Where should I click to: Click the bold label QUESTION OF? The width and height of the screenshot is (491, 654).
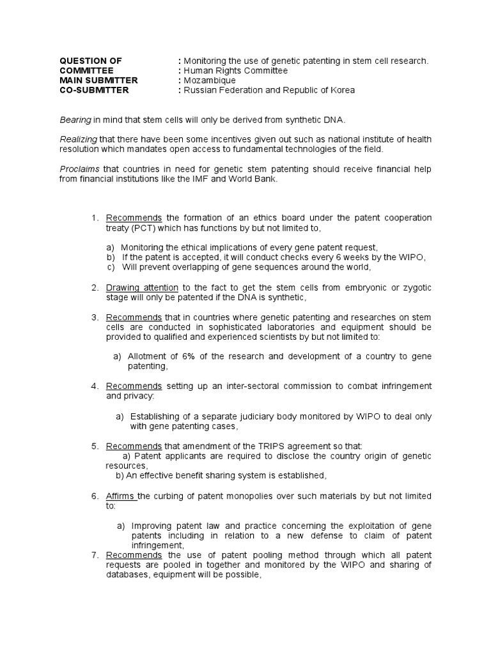(90, 61)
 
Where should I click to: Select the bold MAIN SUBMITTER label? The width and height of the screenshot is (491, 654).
(98, 80)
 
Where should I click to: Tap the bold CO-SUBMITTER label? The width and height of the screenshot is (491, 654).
(94, 90)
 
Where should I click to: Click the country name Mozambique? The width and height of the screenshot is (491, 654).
(210, 80)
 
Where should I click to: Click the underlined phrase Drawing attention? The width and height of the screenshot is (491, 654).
(142, 288)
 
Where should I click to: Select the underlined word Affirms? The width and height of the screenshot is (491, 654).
(121, 496)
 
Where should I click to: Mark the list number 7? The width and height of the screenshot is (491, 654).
(94, 555)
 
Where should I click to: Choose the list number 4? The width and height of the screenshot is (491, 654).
(94, 386)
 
